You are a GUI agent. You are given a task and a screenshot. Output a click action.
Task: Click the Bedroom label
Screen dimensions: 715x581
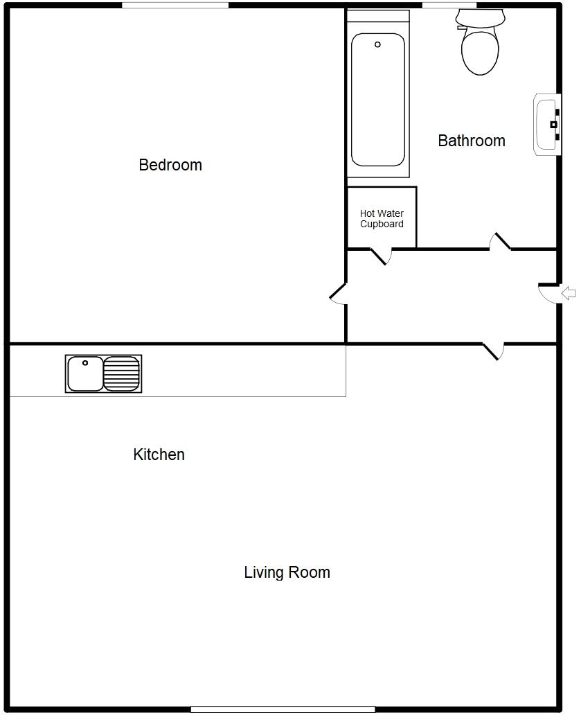point(170,165)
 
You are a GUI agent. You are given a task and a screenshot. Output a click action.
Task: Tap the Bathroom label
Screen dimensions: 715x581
point(472,141)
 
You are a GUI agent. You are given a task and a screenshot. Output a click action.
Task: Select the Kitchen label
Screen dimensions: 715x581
point(159,454)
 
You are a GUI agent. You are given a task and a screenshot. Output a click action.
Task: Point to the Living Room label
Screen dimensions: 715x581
point(287,572)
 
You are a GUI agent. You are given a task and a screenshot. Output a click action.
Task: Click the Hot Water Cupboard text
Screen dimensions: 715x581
point(382,219)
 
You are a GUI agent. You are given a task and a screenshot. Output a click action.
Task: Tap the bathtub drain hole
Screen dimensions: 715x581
point(377,44)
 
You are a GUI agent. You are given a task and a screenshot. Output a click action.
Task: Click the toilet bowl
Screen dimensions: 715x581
point(480,50)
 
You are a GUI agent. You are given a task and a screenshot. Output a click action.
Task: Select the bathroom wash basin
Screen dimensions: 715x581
point(546,125)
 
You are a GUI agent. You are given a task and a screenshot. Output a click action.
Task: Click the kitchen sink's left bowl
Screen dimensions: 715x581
point(84,373)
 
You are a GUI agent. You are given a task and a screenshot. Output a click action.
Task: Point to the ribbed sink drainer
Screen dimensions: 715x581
point(121,373)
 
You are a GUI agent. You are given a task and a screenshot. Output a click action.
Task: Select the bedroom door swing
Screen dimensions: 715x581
point(337,294)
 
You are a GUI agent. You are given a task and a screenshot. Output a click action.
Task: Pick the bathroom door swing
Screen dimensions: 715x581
point(500,240)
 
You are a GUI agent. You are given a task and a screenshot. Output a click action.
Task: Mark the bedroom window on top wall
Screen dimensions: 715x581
point(175,6)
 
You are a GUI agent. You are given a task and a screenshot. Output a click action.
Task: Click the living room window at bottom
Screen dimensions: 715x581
point(283,709)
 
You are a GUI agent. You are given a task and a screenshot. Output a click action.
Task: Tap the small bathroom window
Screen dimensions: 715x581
point(449,6)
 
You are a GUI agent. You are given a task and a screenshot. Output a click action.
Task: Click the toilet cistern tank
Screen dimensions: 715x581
point(479,17)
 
